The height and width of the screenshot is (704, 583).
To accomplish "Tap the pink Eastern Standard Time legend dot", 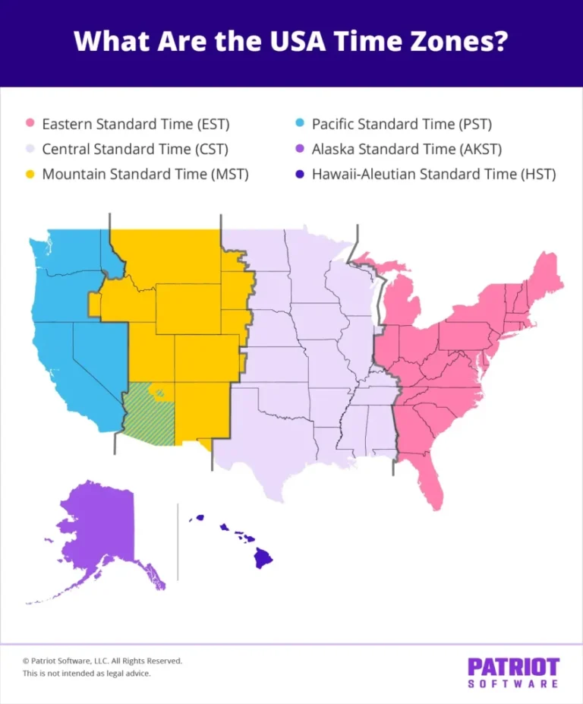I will [30, 124].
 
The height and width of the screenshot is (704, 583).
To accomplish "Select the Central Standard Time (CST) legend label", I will [135, 149].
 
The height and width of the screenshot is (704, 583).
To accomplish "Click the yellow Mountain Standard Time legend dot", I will [30, 174].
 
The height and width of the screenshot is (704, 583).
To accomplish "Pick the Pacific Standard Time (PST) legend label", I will [406, 124].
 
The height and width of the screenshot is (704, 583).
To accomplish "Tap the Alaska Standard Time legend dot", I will [299, 149].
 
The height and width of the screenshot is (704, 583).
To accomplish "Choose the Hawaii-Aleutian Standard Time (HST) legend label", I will [433, 174].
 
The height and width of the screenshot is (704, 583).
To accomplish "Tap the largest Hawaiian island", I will [263, 559].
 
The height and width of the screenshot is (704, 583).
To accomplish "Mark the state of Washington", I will [68, 254].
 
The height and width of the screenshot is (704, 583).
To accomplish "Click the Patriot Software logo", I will [512, 673].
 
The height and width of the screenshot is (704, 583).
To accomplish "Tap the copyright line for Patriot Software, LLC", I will [102, 661].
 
